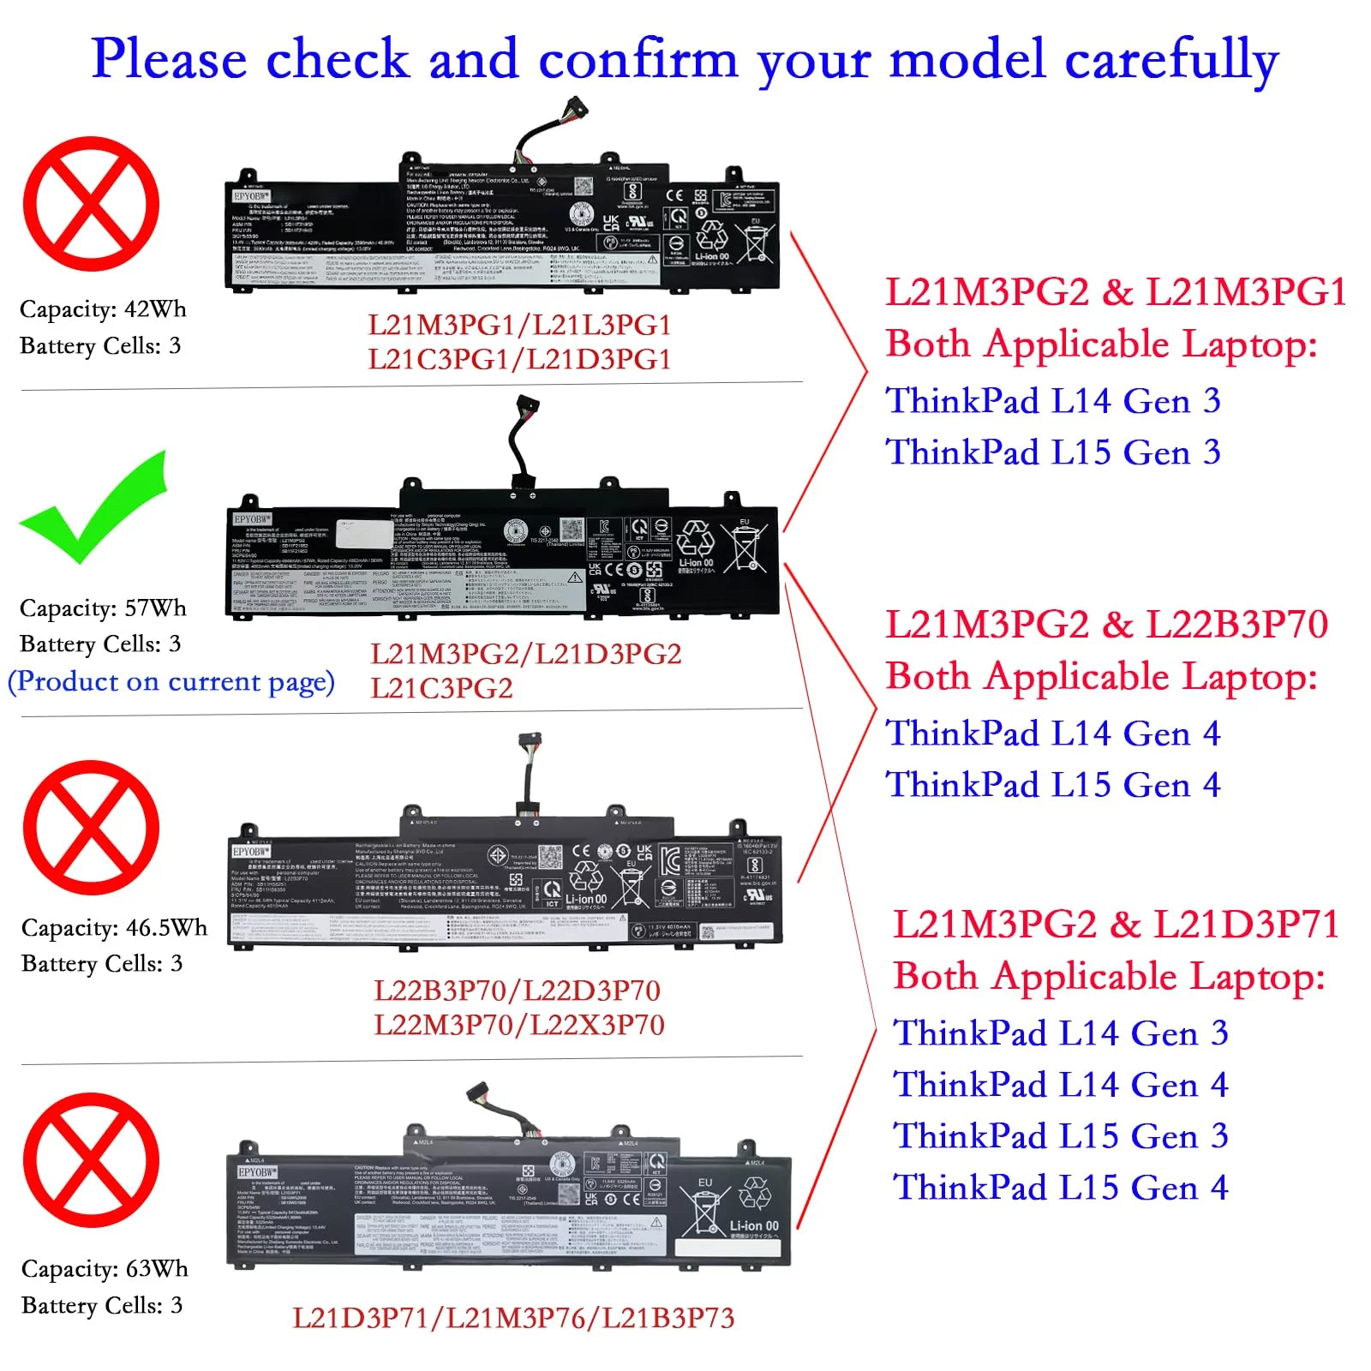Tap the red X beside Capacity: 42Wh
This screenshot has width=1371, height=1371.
[91, 204]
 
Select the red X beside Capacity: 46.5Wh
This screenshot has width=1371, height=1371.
[91, 828]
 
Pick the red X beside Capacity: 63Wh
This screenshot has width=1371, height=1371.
[91, 1160]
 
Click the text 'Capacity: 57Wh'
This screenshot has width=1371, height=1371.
[103, 608]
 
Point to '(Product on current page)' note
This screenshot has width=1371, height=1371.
[171, 682]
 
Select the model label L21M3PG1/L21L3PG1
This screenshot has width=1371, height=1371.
[519, 326]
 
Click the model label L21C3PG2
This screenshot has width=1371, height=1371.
[441, 688]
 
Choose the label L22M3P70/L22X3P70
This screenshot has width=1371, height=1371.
[519, 1025]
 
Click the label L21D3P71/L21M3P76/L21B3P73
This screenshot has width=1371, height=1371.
[513, 1318]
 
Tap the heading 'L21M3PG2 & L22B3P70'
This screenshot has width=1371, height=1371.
[1106, 625]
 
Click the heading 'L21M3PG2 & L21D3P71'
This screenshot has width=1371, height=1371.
[1116, 925]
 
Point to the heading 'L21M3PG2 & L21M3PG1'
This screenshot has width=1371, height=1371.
[1116, 292]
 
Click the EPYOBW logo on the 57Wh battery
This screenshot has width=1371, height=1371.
[252, 519]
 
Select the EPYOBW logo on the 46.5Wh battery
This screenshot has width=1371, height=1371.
[250, 852]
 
